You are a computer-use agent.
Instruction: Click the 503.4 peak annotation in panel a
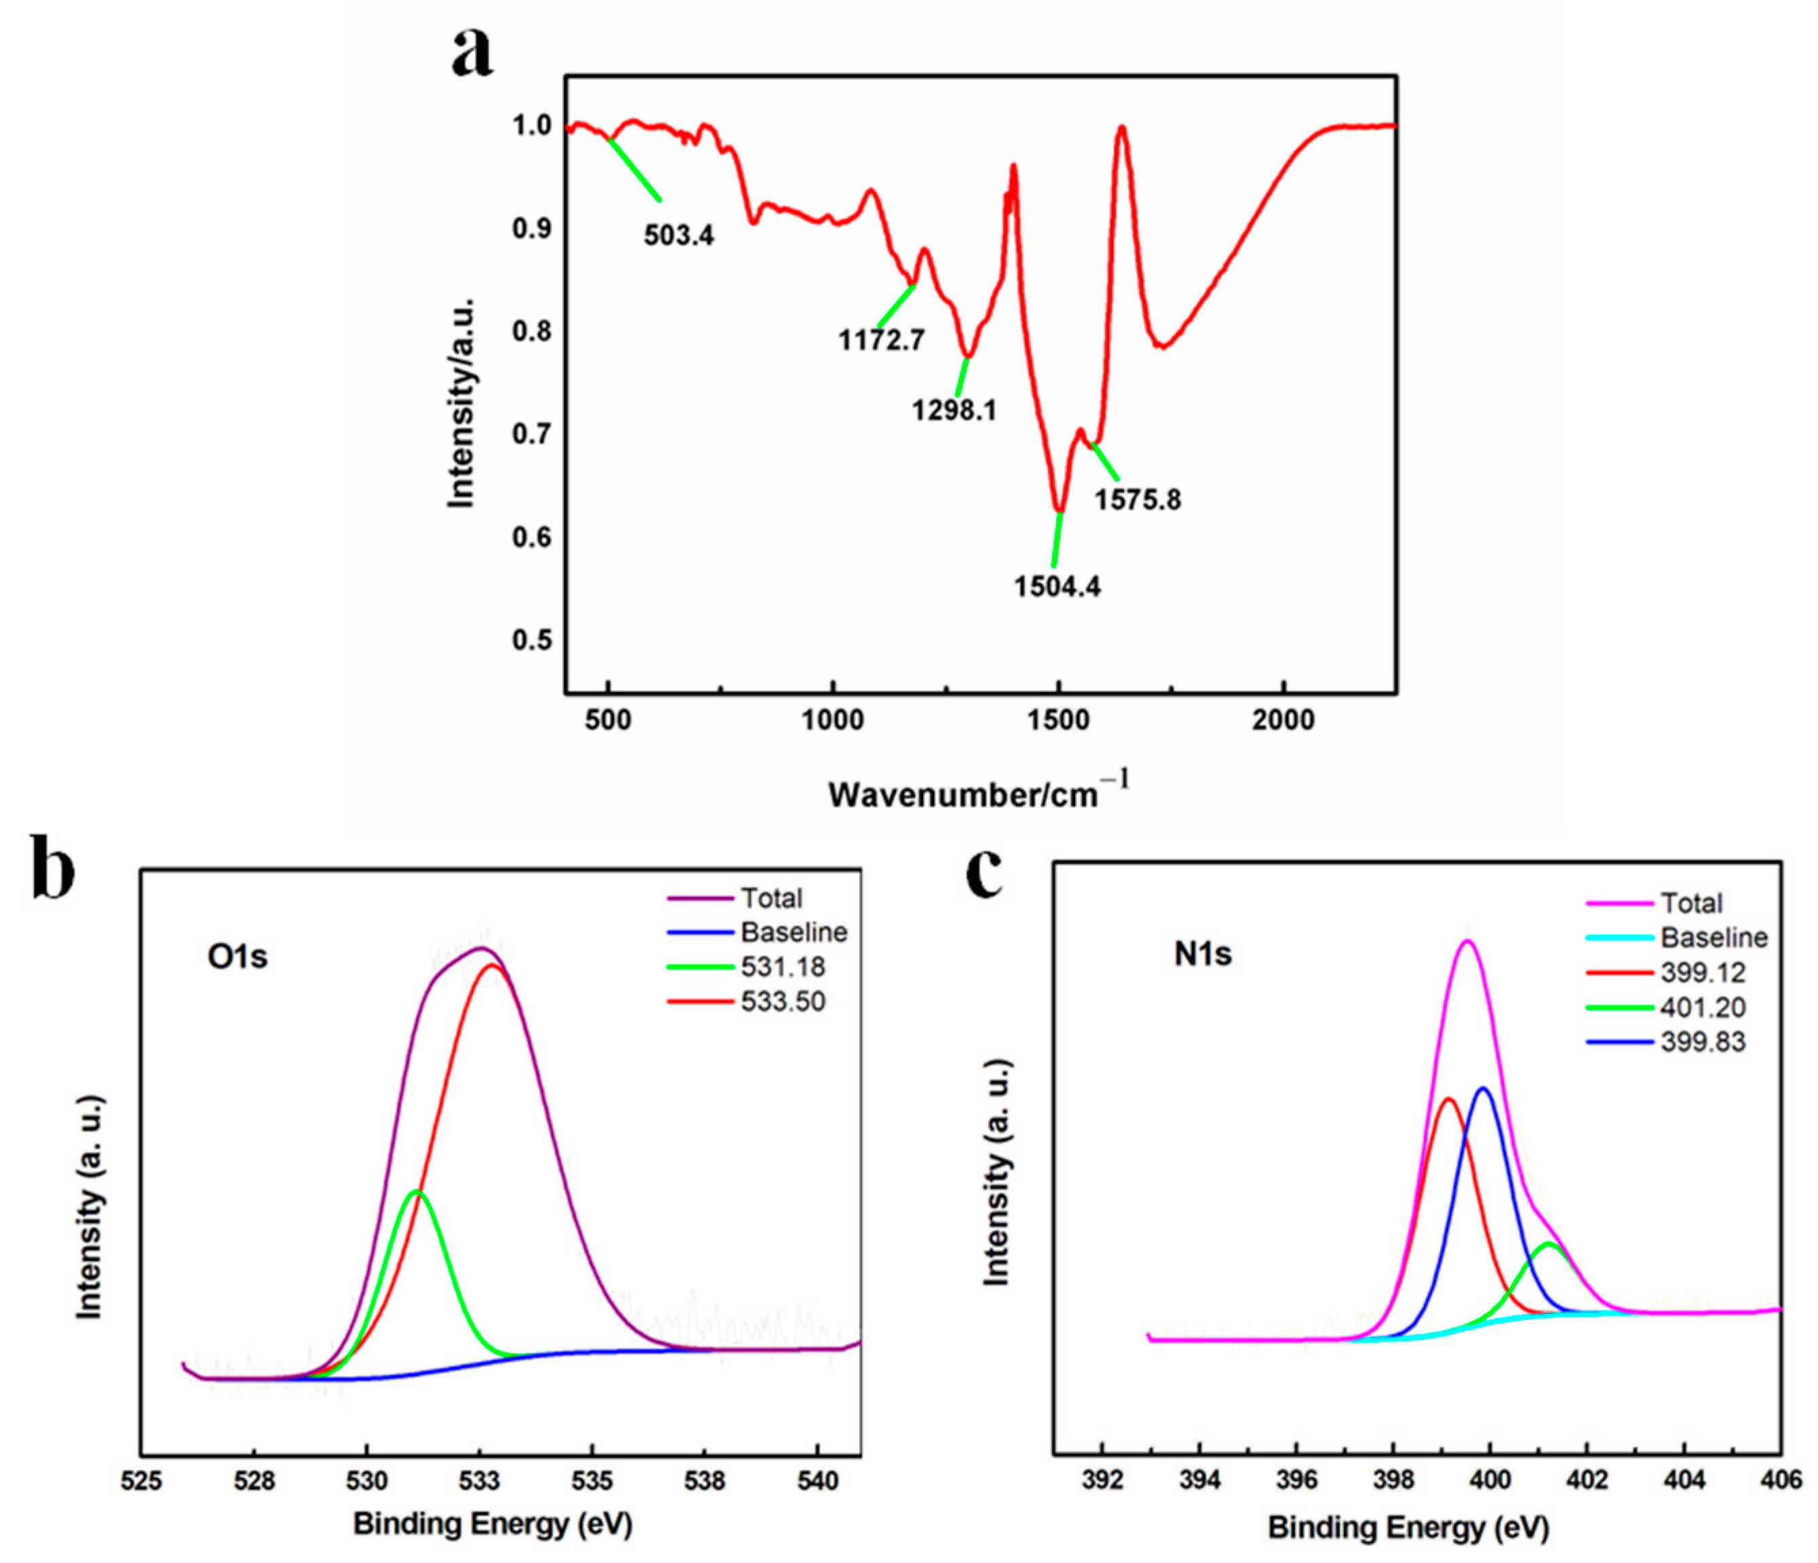tap(678, 235)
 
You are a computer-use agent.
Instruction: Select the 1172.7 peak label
tap(881, 340)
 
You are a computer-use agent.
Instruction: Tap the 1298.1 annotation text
tap(954, 410)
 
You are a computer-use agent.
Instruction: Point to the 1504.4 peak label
tap(1058, 586)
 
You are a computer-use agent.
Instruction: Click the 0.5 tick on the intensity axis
tap(532, 640)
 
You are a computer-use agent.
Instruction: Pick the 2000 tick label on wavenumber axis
tap(1283, 720)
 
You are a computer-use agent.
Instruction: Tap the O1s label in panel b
tap(237, 957)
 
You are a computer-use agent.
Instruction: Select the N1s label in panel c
tap(1203, 953)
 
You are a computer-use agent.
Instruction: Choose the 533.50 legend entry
tap(783, 1001)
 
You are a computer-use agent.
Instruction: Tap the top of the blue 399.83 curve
tap(1484, 1088)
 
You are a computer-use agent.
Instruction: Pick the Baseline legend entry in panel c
tap(1714, 938)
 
